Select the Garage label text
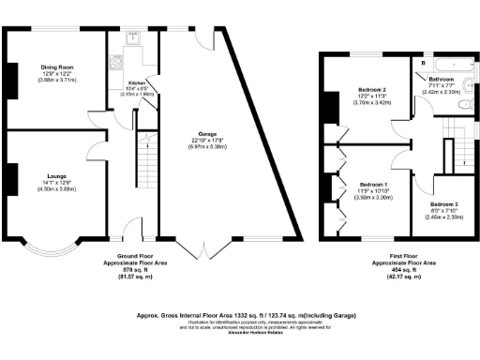coord(197,133)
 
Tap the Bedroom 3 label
coord(442,203)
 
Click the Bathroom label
coord(442,80)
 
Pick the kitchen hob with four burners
coord(116,63)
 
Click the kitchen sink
coord(132,39)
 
